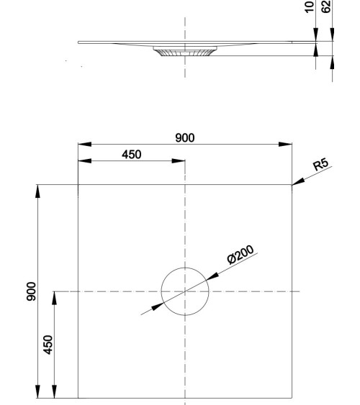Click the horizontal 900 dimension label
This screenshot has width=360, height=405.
coord(185,138)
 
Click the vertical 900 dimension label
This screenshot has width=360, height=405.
coord(31,291)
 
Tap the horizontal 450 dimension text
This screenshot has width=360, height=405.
coord(132,155)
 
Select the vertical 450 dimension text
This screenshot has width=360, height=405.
coord(48,345)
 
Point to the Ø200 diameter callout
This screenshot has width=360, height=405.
coord(240,255)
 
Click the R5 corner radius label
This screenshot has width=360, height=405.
coord(320,164)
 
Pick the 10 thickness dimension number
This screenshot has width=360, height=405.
coord(310,6)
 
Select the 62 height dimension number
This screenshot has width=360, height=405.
coord(326,6)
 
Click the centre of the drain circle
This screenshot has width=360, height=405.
coord(185,291)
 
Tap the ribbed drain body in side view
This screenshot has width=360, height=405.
coord(185,51)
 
